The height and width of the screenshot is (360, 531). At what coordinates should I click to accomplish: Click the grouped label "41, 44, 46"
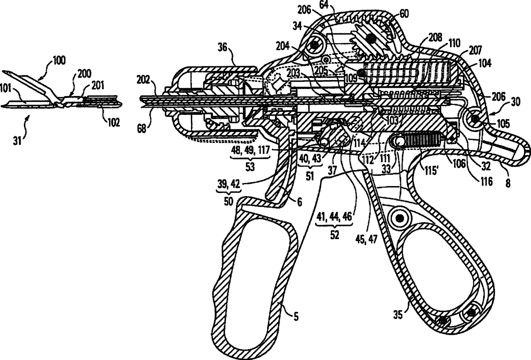tap(334, 217)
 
